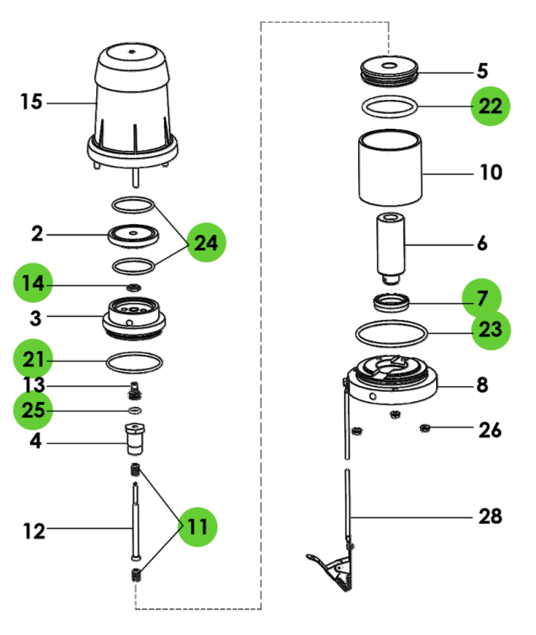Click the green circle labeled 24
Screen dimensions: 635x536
coord(206,244)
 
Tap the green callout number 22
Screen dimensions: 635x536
coord(490,106)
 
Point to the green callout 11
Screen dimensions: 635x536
coord(197,526)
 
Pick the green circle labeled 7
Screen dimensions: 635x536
coord(481,299)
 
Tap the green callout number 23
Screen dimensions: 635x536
coord(490,330)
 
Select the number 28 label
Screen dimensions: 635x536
coord(490,516)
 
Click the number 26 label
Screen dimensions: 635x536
coord(490,429)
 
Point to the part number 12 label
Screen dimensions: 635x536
coord(34,531)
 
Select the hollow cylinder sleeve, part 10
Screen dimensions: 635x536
coord(390,168)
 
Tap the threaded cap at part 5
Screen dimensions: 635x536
coord(390,70)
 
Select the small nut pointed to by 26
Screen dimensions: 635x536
coord(425,428)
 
